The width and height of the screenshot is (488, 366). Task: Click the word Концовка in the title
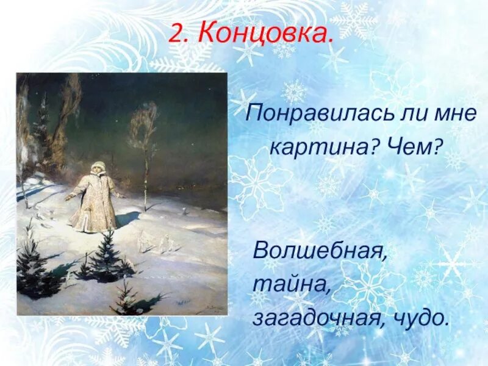coord(267,34)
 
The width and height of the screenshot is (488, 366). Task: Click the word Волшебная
coord(320,250)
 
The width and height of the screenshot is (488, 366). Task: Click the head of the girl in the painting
coord(98,167)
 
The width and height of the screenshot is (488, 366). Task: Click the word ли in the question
coord(386,114)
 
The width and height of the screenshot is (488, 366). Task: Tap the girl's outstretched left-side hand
coord(68,197)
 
